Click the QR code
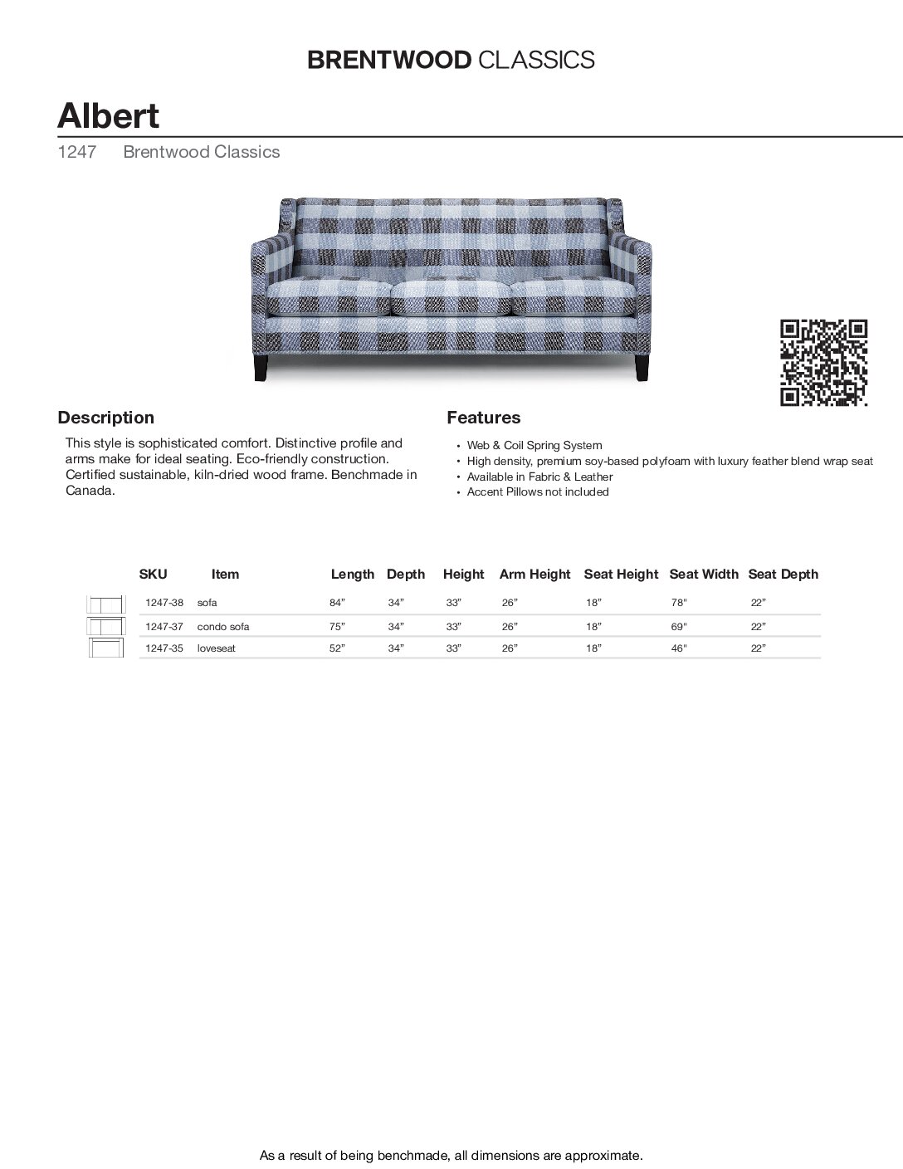click(823, 363)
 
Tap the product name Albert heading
click(108, 115)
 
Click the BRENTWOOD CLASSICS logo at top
click(451, 60)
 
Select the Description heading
click(105, 418)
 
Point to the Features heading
click(483, 418)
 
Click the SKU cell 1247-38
click(164, 603)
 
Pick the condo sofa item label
click(223, 627)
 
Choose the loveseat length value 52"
click(336, 648)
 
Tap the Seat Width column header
click(703, 574)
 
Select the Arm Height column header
click(534, 574)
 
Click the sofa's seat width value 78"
click(679, 603)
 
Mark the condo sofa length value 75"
click(336, 627)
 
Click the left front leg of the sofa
click(262, 368)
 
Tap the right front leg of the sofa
click(642, 368)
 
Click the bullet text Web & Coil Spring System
click(534, 446)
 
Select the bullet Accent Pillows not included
click(537, 492)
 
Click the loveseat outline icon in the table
click(105, 648)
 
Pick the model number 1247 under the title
click(76, 152)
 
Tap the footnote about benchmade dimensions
click(451, 1155)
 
